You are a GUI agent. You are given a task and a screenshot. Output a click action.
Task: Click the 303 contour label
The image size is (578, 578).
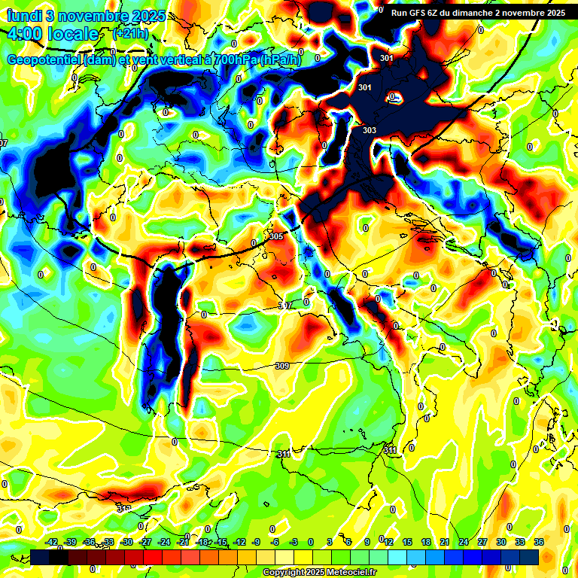(x=369, y=130)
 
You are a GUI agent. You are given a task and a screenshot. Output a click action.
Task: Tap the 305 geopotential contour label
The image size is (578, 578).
(x=276, y=236)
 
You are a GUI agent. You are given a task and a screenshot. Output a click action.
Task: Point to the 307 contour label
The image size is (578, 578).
(x=284, y=306)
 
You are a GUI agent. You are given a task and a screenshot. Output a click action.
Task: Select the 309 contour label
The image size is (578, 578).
(x=281, y=367)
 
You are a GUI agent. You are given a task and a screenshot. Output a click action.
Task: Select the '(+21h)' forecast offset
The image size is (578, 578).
(x=130, y=34)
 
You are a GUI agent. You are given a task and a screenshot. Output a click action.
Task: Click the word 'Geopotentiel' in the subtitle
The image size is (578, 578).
(x=44, y=59)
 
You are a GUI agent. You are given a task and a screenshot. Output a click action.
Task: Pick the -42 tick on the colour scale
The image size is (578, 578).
(x=52, y=542)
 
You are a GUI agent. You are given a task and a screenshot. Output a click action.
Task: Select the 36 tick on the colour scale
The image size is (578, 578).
(x=539, y=542)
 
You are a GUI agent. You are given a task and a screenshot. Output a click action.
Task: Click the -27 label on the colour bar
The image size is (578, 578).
(x=146, y=542)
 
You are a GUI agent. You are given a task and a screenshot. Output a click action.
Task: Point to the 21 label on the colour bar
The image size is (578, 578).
(x=445, y=542)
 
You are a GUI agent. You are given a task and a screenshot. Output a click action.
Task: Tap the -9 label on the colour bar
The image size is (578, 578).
(x=256, y=542)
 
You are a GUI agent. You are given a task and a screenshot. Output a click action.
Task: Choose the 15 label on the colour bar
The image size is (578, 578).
(x=407, y=542)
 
